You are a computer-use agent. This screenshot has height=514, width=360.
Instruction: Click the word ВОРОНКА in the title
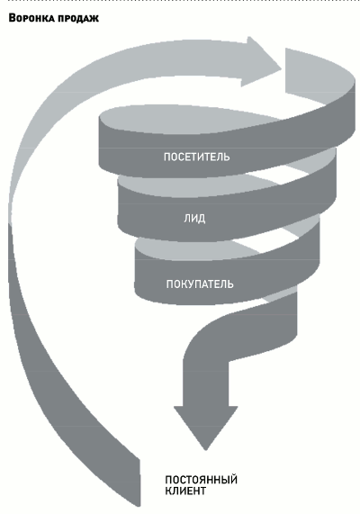click(x=31, y=18)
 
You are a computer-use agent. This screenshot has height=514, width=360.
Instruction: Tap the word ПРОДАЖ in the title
click(x=78, y=18)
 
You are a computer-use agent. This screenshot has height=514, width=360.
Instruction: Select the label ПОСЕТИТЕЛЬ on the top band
click(x=197, y=157)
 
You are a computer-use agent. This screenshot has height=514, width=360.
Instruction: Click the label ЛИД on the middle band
click(x=194, y=219)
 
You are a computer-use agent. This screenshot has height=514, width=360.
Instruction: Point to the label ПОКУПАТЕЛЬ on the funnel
click(x=200, y=284)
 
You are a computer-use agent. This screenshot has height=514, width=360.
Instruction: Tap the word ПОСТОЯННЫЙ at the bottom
click(x=201, y=480)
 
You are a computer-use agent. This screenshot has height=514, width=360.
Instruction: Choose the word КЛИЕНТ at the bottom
click(x=185, y=491)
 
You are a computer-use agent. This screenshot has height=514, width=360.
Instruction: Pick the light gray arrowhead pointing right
click(x=261, y=61)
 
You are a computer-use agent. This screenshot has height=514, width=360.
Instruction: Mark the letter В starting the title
click(x=12, y=18)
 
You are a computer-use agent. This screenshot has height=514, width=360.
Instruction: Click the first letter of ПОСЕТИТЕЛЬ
click(x=166, y=157)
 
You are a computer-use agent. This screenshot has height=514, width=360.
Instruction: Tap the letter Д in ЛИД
click(x=202, y=219)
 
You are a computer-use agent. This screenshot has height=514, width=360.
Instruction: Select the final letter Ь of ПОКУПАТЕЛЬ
click(x=230, y=284)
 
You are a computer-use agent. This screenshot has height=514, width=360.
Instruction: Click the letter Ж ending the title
click(x=94, y=19)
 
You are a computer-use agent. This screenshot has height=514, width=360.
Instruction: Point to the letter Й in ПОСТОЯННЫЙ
click(x=234, y=479)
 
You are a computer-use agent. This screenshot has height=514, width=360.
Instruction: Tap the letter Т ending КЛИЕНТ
click(x=202, y=491)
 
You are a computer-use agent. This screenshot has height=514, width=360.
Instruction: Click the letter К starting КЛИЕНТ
click(x=168, y=491)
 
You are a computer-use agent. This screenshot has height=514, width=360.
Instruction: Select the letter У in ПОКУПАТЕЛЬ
click(x=187, y=284)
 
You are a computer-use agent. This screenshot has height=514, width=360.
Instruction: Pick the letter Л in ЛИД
click(x=186, y=219)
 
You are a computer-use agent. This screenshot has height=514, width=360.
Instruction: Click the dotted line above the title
click(x=180, y=1)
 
